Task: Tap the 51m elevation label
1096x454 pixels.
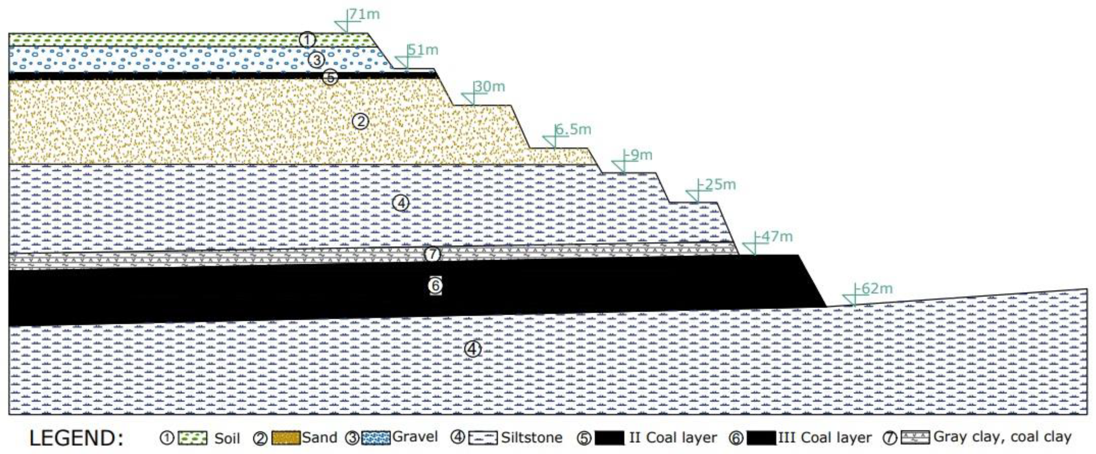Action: [x=423, y=50]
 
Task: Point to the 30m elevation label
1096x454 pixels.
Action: [x=490, y=86]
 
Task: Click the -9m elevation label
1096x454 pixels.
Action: [x=638, y=155]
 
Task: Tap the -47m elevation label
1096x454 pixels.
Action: [x=774, y=236]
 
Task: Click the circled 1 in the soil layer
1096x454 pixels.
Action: [x=307, y=40]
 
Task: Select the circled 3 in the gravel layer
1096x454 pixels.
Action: [x=316, y=60]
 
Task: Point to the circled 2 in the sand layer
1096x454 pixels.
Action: [x=360, y=122]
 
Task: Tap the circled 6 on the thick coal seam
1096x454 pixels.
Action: [x=435, y=285]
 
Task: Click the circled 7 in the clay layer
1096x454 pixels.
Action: [x=432, y=254]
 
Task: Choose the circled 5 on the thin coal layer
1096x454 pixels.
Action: [x=331, y=78]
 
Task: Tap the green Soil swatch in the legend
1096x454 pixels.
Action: [x=192, y=438]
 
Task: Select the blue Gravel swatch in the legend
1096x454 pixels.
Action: [x=375, y=438]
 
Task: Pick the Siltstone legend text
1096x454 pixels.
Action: [x=531, y=437]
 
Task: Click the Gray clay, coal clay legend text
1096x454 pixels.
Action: [x=1002, y=437]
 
